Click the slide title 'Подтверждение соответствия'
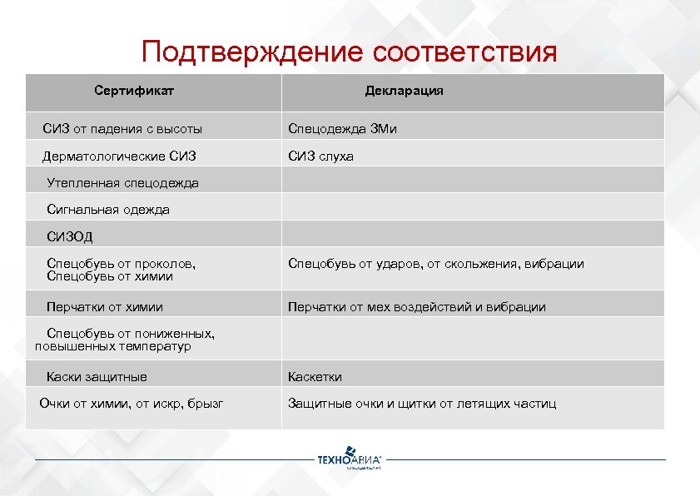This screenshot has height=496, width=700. click(349, 52)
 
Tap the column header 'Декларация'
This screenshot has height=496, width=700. click(404, 91)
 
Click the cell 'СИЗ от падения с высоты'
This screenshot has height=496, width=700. click(122, 129)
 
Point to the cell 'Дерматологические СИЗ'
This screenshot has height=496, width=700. click(119, 156)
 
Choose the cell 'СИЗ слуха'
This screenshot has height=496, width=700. click(320, 156)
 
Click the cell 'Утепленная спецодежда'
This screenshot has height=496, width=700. click(122, 182)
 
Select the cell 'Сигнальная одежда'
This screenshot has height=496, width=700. click(108, 210)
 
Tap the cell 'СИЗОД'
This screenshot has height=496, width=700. click(70, 236)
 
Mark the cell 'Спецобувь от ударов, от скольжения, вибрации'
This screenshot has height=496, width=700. click(435, 264)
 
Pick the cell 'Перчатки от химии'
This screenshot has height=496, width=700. click(105, 307)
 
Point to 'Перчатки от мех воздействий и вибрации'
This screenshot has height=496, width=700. click(416, 307)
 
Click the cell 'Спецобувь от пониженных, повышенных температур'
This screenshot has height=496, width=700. click(125, 340)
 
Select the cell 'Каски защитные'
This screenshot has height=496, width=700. click(97, 376)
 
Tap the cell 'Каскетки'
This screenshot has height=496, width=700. click(315, 376)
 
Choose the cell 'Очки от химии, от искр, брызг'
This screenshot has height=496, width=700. click(131, 404)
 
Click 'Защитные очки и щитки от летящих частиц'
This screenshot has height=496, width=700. click(421, 404)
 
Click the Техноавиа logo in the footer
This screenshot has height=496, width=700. click(350, 460)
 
